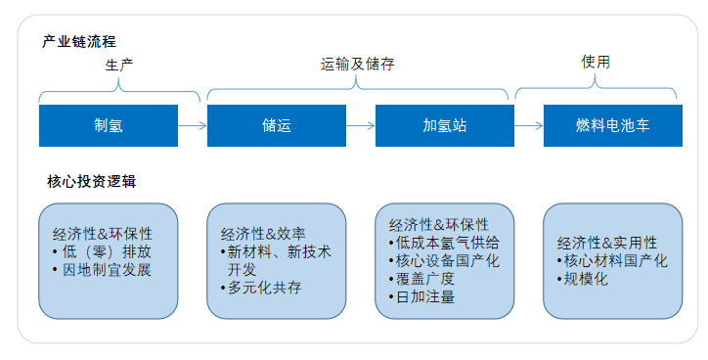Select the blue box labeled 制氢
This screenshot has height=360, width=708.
click(x=108, y=125)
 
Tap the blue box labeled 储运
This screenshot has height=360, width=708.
click(x=277, y=125)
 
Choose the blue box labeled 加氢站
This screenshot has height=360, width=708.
click(x=444, y=125)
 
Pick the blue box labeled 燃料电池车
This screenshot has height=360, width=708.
click(x=611, y=125)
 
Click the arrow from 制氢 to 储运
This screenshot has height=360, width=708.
click(x=193, y=125)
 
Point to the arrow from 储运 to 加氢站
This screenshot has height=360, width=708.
click(x=361, y=125)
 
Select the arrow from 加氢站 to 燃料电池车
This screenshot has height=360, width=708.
click(x=529, y=125)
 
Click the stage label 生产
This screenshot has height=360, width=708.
click(x=119, y=65)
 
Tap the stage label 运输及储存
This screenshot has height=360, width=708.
click(x=358, y=65)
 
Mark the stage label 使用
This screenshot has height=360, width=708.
click(x=596, y=62)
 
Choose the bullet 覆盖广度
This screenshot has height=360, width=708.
click(x=421, y=279)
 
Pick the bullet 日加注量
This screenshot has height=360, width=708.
click(x=421, y=296)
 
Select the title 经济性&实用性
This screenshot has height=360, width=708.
click(x=607, y=243)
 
